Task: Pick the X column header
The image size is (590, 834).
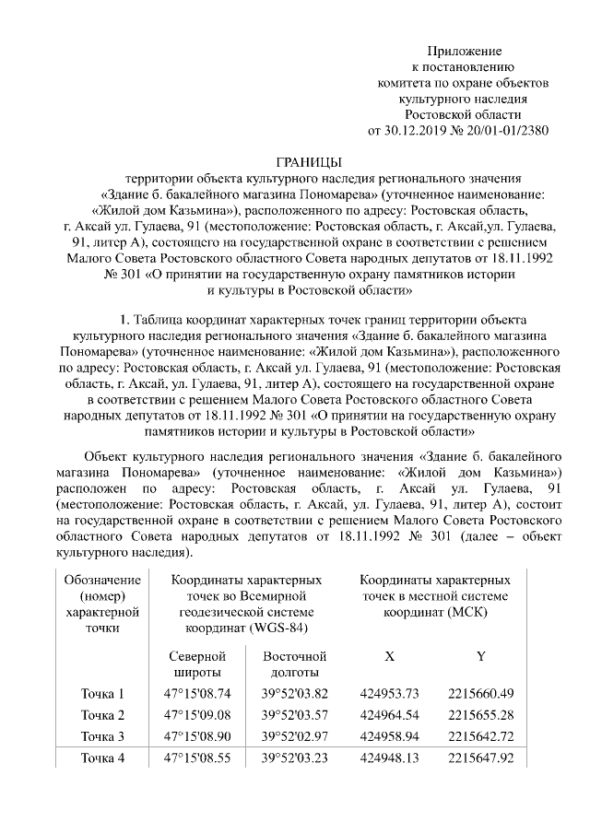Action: (x=389, y=657)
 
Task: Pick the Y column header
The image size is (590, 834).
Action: (x=480, y=657)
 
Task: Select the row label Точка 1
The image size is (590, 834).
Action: (x=102, y=694)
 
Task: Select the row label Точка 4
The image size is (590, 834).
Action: (x=102, y=759)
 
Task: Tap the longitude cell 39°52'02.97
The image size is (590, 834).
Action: (x=295, y=737)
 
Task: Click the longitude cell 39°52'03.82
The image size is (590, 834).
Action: (x=295, y=694)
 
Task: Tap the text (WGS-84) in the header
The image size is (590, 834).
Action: (x=277, y=628)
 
